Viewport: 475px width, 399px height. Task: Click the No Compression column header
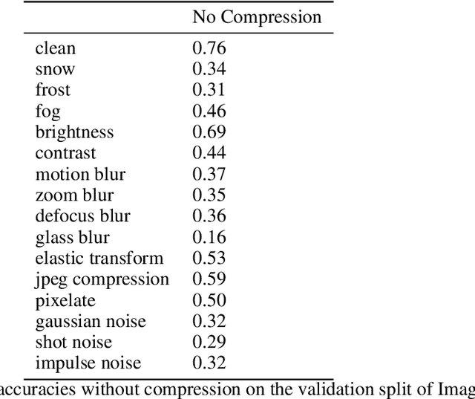pyautogui.click(x=257, y=16)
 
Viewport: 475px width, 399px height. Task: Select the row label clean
pyautogui.click(x=55, y=49)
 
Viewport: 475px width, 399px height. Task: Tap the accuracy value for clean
pyautogui.click(x=209, y=49)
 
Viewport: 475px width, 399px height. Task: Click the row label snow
pyautogui.click(x=55, y=70)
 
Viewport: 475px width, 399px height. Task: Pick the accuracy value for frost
pyautogui.click(x=209, y=91)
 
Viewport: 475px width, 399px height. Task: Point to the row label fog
pyautogui.click(x=47, y=112)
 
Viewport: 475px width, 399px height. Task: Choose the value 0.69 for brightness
pyautogui.click(x=209, y=132)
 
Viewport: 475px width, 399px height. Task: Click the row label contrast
pyautogui.click(x=65, y=153)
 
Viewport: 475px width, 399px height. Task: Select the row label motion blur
pyautogui.click(x=80, y=175)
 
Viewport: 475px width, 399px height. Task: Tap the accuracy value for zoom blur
pyautogui.click(x=209, y=195)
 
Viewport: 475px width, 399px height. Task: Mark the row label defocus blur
pyautogui.click(x=82, y=216)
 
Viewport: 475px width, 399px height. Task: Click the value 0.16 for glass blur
pyautogui.click(x=209, y=238)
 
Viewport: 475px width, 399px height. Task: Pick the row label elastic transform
pyautogui.click(x=99, y=259)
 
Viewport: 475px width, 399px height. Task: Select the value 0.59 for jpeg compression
pyautogui.click(x=209, y=279)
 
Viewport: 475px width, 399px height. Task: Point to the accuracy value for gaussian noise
pyautogui.click(x=209, y=322)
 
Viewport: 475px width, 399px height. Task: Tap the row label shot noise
pyautogui.click(x=73, y=343)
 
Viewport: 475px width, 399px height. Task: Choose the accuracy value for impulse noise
pyautogui.click(x=209, y=363)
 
